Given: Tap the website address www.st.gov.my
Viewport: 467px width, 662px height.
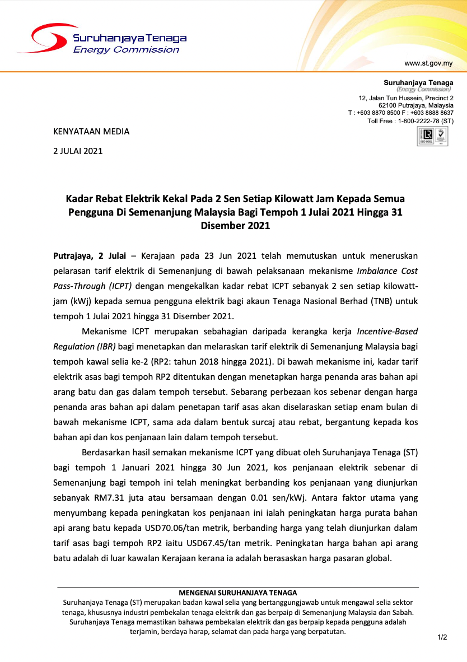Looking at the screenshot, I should pos(428,63).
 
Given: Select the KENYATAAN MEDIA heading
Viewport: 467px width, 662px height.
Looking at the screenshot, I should pos(91,132).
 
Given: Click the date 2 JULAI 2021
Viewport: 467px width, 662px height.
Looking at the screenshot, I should pos(78,151).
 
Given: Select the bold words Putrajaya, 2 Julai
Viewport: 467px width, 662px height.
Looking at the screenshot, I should pos(89,256).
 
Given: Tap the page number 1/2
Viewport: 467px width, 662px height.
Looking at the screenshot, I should pos(442,637).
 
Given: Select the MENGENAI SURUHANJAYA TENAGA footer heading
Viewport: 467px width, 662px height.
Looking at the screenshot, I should pos(238,593).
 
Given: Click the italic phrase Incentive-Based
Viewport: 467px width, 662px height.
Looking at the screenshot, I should pos(387,331).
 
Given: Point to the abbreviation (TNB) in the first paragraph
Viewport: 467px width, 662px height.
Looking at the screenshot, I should pos(374,301).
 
